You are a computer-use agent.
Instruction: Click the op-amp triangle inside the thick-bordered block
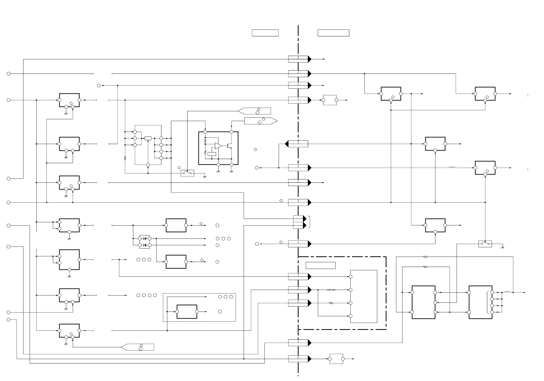click(x=218, y=146)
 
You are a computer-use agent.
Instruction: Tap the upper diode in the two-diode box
click(x=144, y=239)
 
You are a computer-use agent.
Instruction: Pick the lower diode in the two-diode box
click(x=144, y=245)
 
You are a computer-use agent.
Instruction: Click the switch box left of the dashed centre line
click(x=187, y=173)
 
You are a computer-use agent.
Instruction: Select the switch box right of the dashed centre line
click(x=485, y=244)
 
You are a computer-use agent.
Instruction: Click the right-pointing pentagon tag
click(x=260, y=121)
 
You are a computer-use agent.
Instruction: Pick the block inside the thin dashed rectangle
click(x=187, y=312)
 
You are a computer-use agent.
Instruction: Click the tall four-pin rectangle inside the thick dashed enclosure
click(x=364, y=296)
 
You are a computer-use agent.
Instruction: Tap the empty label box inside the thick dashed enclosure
click(x=320, y=265)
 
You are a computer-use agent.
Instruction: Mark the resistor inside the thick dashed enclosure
click(x=331, y=303)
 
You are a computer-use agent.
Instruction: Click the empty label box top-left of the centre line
click(x=265, y=33)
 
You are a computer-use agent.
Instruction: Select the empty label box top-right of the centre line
click(x=333, y=33)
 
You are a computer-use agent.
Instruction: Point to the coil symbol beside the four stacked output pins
click(x=507, y=292)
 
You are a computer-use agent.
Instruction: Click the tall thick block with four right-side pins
click(x=480, y=302)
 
